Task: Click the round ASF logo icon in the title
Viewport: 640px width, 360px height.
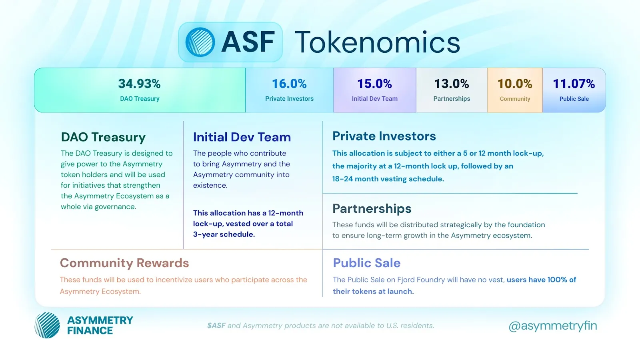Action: pos(200,42)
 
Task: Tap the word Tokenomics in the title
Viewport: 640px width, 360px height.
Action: pos(377,42)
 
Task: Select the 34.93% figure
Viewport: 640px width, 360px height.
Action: pos(140,84)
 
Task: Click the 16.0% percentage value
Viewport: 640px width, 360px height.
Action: pos(289,84)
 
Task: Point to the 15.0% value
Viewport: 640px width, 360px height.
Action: pos(374,84)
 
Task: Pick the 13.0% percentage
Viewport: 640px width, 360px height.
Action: pos(452,84)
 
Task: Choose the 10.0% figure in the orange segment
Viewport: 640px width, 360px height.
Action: pos(515,84)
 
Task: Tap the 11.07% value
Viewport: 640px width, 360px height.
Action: pos(574,84)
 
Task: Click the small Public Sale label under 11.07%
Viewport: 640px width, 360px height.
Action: pos(574,99)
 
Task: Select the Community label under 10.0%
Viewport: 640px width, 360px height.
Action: pos(515,99)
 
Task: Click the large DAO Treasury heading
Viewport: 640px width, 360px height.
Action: pos(103,137)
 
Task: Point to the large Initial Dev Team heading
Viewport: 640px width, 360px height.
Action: pos(242,137)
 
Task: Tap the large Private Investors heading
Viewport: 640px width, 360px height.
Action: pos(384,136)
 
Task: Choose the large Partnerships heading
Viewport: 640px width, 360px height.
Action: pos(372,209)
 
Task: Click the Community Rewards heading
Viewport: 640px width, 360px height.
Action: pos(124,263)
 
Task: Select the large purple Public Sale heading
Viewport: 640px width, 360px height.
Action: pos(366,263)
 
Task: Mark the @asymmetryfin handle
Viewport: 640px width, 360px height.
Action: pos(552,326)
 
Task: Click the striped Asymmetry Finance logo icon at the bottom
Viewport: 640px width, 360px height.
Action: pos(47,325)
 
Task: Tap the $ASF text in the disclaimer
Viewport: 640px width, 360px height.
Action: pos(216,326)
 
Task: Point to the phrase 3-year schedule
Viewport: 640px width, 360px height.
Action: pos(224,234)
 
